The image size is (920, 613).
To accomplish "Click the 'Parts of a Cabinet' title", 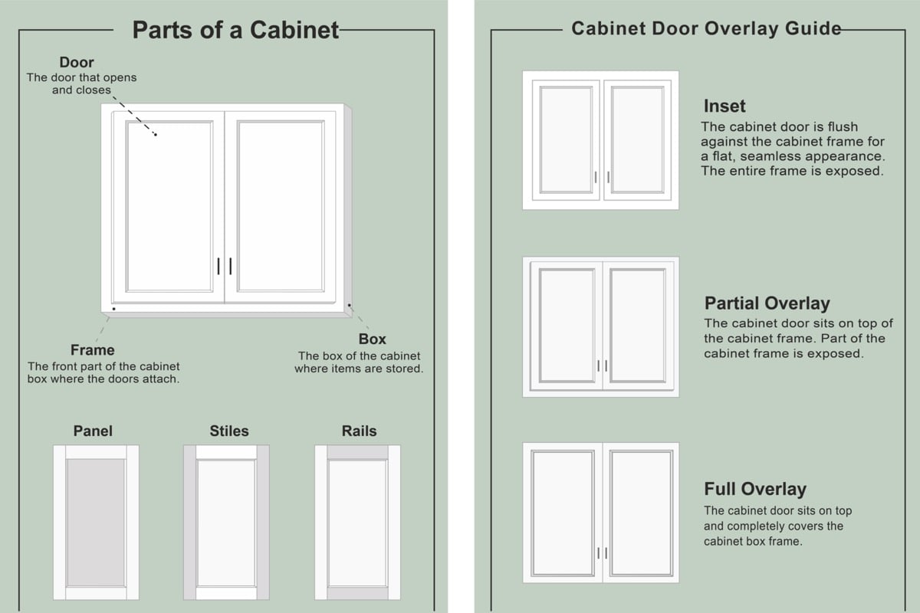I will click(x=235, y=30).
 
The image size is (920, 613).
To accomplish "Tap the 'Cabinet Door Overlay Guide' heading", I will click(x=706, y=29).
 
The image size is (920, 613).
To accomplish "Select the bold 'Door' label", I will click(x=77, y=62).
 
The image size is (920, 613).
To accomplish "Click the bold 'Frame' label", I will click(x=92, y=350).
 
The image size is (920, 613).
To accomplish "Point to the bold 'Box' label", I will click(x=372, y=339).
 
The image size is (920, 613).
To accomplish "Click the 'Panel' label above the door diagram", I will click(x=93, y=431).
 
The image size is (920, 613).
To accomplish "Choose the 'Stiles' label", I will click(x=229, y=431).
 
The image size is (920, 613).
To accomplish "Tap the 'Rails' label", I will click(x=359, y=431).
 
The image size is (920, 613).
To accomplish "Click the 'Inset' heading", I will click(x=724, y=106).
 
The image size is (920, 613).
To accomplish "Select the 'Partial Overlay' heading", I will click(x=767, y=303).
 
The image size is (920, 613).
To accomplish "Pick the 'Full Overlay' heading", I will click(x=755, y=489).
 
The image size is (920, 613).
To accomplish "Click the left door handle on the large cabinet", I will click(x=219, y=266).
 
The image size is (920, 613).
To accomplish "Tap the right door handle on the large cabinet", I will click(x=231, y=266).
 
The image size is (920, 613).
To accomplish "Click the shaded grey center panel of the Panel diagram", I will click(x=96, y=523).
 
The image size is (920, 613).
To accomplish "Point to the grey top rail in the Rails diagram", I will click(x=357, y=453).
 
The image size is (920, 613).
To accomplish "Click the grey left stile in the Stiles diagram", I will click(x=189, y=523).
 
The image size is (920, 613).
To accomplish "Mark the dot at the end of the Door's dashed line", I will click(x=156, y=135).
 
